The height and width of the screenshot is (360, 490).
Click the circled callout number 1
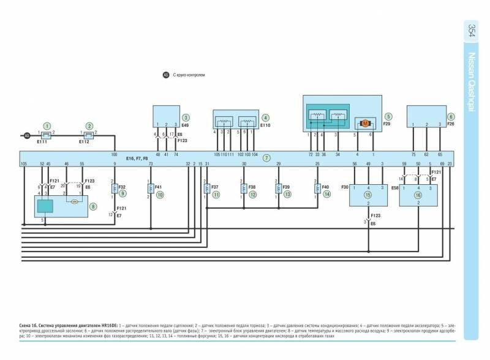click(x=47, y=125)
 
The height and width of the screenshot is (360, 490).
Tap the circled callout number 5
click(x=388, y=116)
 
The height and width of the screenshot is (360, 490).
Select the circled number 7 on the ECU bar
click(x=266, y=158)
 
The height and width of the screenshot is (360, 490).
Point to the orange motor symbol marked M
click(x=365, y=123)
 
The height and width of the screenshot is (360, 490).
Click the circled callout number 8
click(x=92, y=207)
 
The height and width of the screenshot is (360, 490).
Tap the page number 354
click(x=472, y=31)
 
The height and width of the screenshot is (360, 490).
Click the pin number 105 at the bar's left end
click(x=24, y=164)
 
